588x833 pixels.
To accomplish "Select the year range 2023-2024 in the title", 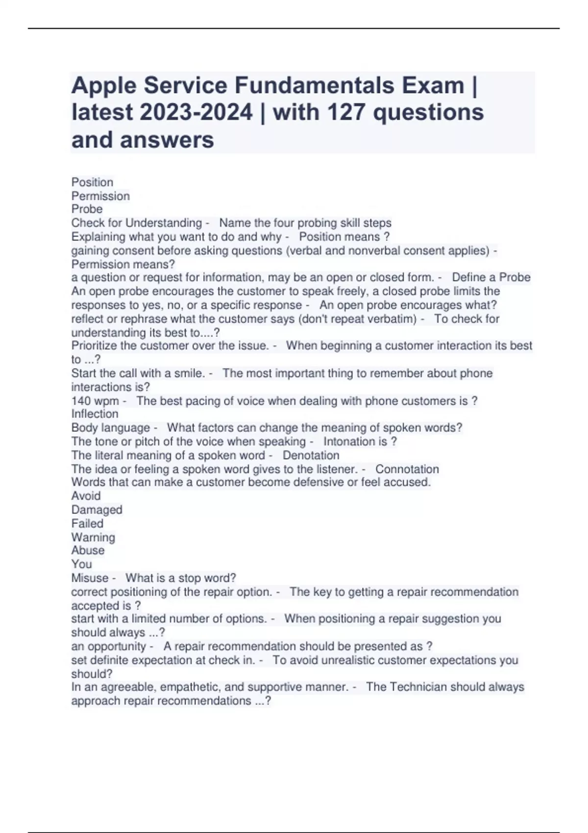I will tap(196, 112).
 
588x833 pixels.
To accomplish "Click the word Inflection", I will tap(95, 414).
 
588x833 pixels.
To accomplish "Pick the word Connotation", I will tap(407, 469).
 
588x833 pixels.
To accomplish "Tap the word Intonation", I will tap(349, 441).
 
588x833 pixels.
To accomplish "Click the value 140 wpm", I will tap(95, 401).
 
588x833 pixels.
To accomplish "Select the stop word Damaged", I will tap(97, 510).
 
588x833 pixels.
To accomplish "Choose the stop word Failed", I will tap(87, 523).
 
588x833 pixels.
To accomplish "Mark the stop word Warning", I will tap(93, 537).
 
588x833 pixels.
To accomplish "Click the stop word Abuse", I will tap(88, 550).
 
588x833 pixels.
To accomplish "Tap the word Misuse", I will tap(90, 578).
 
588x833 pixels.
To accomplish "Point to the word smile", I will tap(189, 373).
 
